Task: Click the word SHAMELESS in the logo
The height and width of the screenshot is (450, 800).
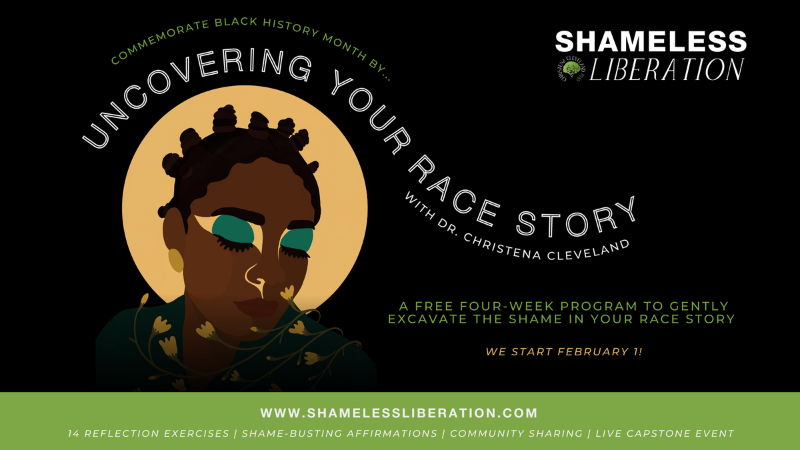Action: click(651, 41)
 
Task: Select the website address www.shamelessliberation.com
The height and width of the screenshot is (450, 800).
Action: click(399, 413)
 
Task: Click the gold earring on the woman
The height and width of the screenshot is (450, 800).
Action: click(175, 259)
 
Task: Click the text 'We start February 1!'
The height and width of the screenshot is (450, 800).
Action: click(564, 351)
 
